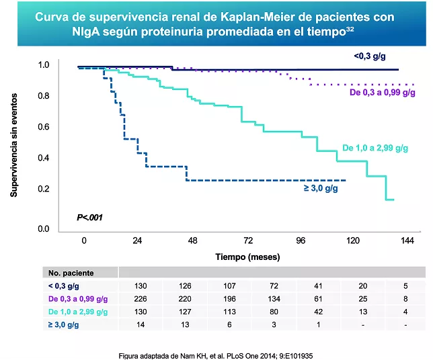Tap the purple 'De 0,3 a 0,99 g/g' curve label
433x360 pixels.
(x=382, y=93)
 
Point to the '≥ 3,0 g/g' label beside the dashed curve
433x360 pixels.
(x=321, y=188)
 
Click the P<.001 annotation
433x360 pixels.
(x=89, y=217)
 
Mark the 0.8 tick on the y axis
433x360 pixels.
(x=44, y=96)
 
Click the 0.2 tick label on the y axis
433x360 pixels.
(x=44, y=189)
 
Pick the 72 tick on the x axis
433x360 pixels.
(x=247, y=240)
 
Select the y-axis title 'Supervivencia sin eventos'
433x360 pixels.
(x=13, y=147)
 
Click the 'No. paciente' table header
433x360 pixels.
(x=71, y=273)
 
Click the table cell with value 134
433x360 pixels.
(x=247, y=298)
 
